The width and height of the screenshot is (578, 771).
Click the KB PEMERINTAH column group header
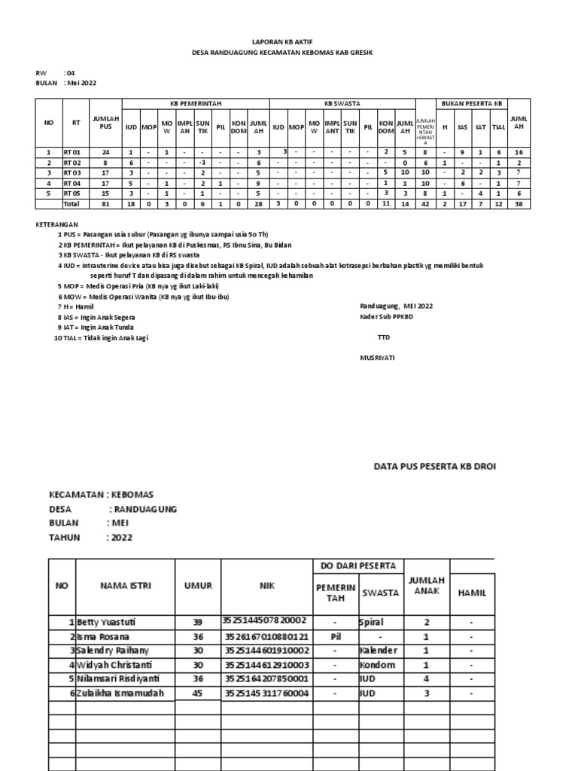pyautogui.click(x=196, y=103)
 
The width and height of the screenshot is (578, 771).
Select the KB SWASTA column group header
pyautogui.click(x=342, y=103)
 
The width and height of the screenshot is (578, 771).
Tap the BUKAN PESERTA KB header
pyautogui.click(x=473, y=103)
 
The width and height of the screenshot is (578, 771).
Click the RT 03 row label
pyautogui.click(x=71, y=172)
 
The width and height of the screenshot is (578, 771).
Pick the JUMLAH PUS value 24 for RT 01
pyautogui.click(x=105, y=151)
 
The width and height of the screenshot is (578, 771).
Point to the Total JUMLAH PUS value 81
pyautogui.click(x=105, y=204)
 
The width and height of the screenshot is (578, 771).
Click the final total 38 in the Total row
pyautogui.click(x=519, y=204)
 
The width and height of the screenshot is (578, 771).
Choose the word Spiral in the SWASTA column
pyautogui.click(x=373, y=623)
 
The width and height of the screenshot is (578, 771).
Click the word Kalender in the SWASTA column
pyautogui.click(x=378, y=650)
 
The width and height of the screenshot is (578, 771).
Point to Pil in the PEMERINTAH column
pyautogui.click(x=335, y=636)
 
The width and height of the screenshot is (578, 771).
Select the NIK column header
pyautogui.click(x=264, y=586)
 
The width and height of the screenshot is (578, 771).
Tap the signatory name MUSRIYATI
pyautogui.click(x=377, y=358)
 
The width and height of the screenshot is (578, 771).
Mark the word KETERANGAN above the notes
pyautogui.click(x=57, y=224)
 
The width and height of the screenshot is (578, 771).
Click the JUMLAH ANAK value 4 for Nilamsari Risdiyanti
pyautogui.click(x=427, y=678)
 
